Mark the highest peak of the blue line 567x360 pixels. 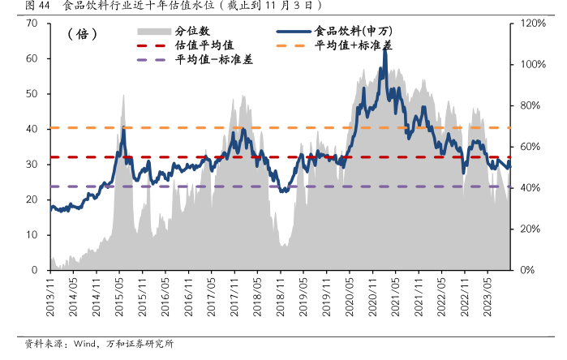pyautogui.click(x=384, y=50)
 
